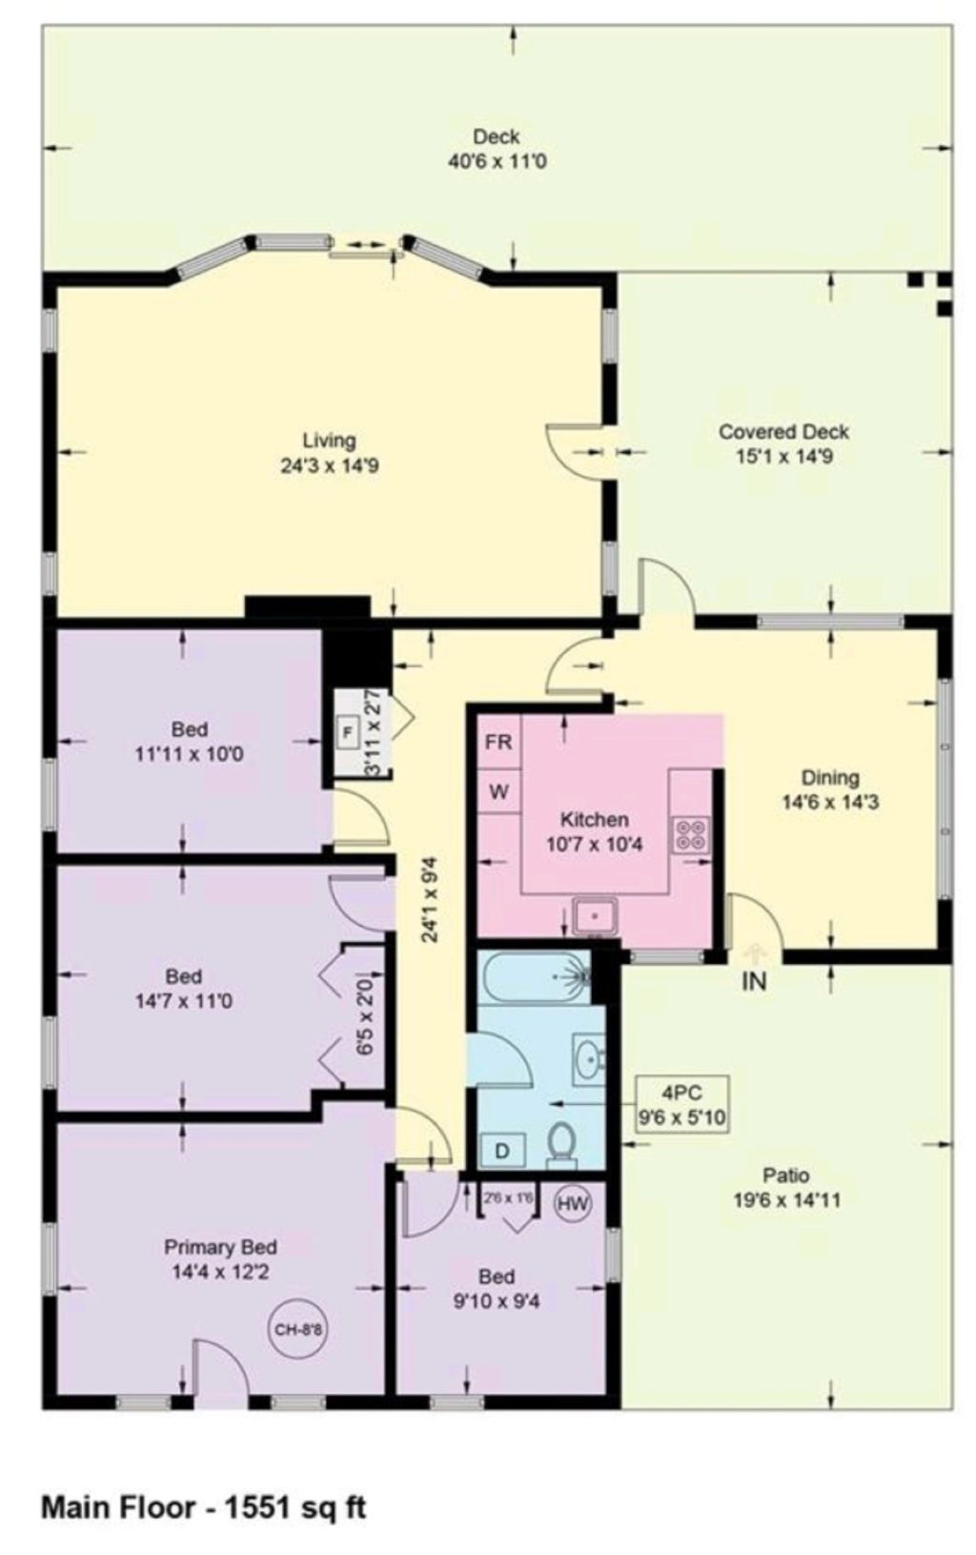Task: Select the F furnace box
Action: pyautogui.click(x=347, y=731)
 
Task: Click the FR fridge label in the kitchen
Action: pyautogui.click(x=498, y=742)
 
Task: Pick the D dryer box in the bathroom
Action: pyautogui.click(x=502, y=1151)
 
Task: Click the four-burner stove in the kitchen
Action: pyautogui.click(x=691, y=835)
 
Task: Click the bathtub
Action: pyautogui.click(x=534, y=976)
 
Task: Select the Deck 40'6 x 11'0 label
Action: pyautogui.click(x=497, y=149)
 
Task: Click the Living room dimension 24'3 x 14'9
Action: pyautogui.click(x=329, y=465)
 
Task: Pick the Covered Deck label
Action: pyautogui.click(x=783, y=432)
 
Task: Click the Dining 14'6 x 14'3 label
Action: pyautogui.click(x=830, y=789)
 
